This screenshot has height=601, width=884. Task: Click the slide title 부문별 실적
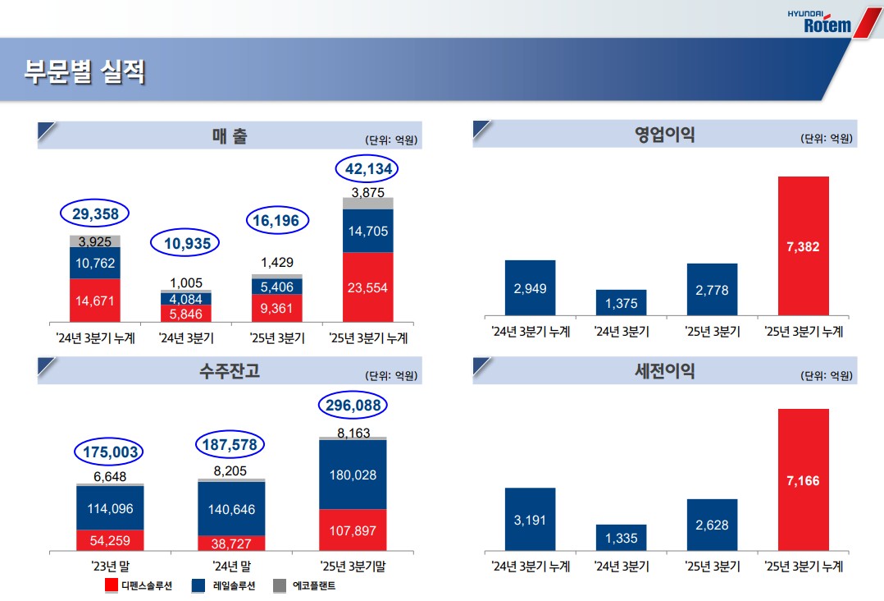click(x=84, y=72)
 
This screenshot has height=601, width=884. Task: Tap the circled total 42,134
click(x=371, y=169)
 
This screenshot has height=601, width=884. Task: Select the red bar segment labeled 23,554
click(x=368, y=287)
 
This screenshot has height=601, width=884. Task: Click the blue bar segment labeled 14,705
click(x=368, y=231)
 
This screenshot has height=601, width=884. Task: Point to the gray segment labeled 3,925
click(x=94, y=241)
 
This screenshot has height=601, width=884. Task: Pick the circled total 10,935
click(x=187, y=243)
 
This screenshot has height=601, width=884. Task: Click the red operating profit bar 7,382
click(x=803, y=245)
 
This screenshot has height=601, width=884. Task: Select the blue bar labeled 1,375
click(x=621, y=303)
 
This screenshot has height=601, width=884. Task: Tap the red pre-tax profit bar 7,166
click(x=803, y=480)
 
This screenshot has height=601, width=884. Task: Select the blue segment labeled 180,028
click(x=352, y=475)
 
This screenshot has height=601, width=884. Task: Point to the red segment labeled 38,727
click(x=231, y=544)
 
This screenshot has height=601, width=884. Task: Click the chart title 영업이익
click(x=663, y=135)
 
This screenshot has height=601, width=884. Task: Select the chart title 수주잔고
click(x=229, y=371)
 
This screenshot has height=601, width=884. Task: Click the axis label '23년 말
click(x=111, y=567)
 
